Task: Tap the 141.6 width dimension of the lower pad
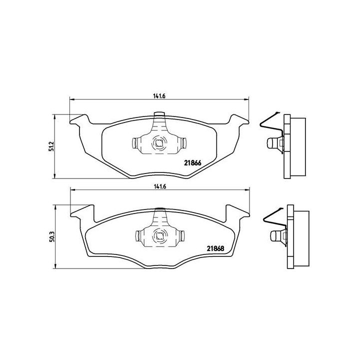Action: point(159,186)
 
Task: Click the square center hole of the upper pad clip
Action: point(158,143)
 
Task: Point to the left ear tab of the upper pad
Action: point(77,120)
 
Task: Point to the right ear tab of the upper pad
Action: point(239,120)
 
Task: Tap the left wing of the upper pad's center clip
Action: point(136,143)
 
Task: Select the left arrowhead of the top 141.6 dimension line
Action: point(70,99)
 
